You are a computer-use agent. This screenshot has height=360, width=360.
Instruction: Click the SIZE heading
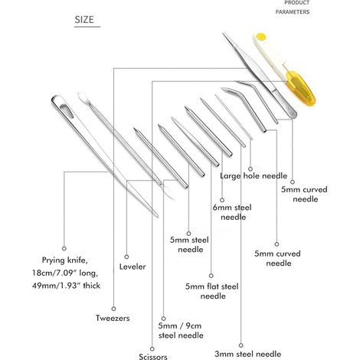[84, 20]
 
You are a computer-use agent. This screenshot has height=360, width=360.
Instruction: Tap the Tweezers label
[113, 318]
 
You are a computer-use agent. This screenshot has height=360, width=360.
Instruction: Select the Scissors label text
[153, 356]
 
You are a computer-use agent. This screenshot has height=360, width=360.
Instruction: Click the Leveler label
[133, 267]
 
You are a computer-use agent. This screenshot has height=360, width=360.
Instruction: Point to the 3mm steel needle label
[248, 354]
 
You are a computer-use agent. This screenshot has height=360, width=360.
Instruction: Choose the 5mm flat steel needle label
[212, 291]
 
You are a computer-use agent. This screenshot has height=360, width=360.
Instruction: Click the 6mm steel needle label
[232, 212]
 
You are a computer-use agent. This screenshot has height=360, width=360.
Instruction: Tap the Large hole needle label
[254, 175]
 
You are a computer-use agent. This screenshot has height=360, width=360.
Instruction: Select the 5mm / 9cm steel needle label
[181, 330]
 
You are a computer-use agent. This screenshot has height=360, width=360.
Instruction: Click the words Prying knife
[65, 260]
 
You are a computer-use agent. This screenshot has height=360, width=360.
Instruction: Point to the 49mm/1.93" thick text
[66, 285]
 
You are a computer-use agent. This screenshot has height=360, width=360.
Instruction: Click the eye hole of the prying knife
[66, 110]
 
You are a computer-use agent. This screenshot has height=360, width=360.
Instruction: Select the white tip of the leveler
[83, 97]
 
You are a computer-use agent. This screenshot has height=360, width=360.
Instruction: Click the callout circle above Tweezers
[113, 309]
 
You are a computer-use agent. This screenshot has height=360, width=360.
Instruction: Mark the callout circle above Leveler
[126, 257]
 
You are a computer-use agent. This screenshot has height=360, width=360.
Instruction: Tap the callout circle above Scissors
[152, 349]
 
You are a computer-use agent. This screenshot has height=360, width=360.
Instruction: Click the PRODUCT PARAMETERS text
[293, 8]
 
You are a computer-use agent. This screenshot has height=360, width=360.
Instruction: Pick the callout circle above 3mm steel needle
[241, 345]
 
